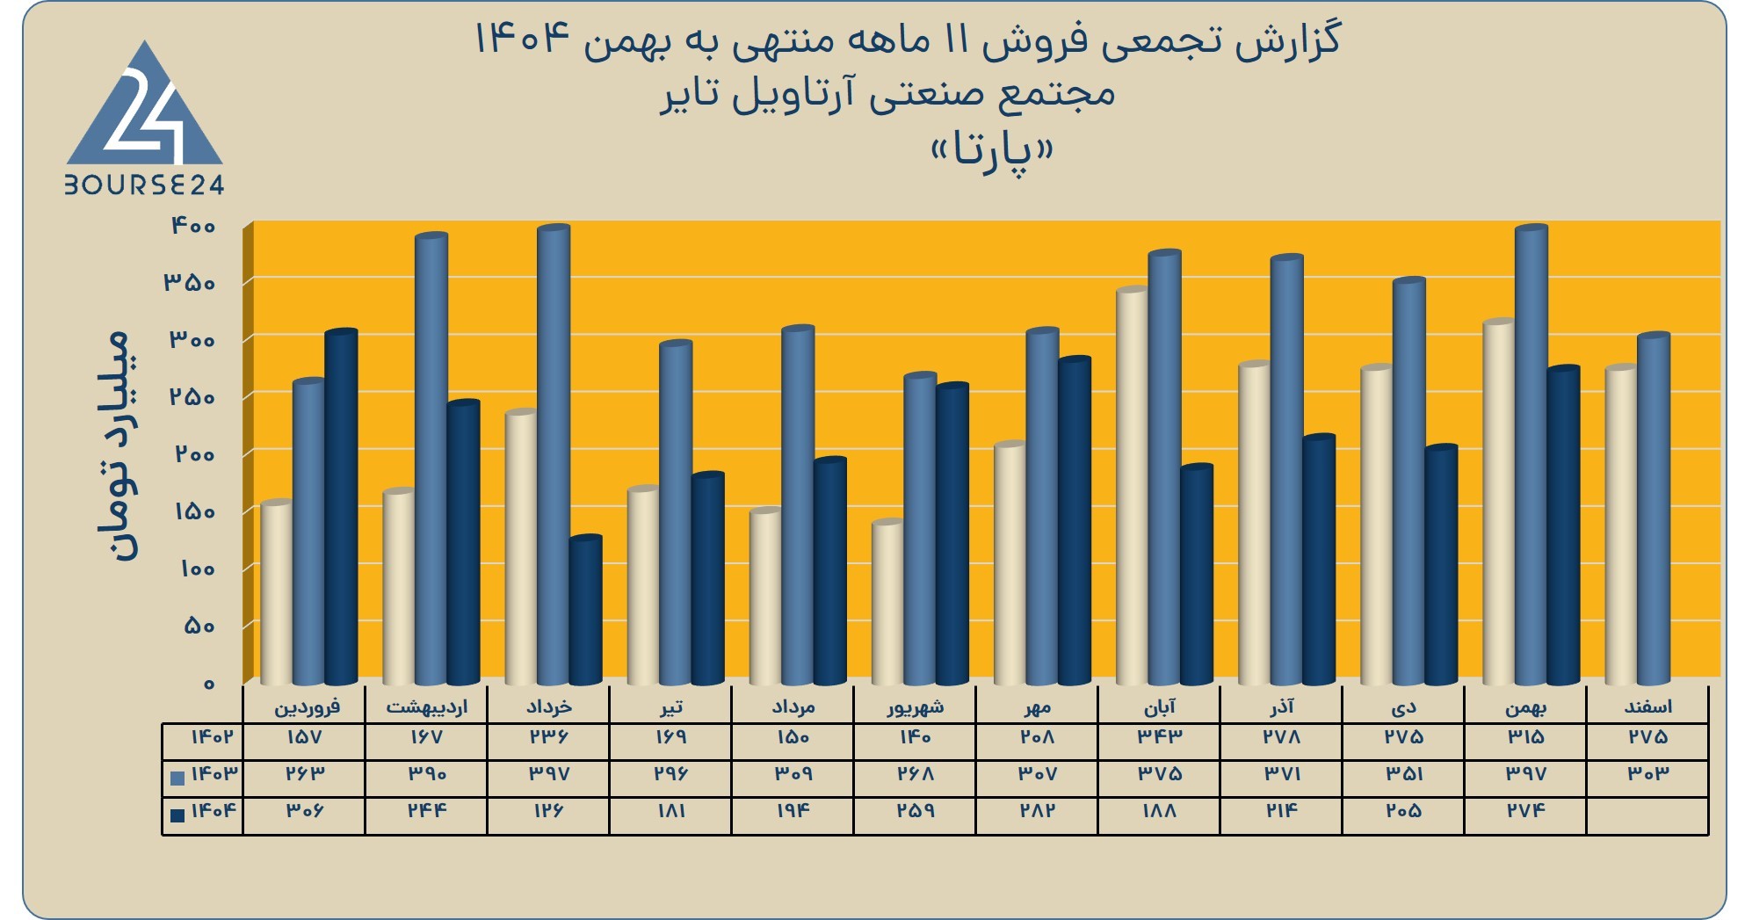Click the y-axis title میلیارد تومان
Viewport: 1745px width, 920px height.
coord(119,446)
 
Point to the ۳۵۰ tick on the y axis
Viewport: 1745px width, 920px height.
coord(189,283)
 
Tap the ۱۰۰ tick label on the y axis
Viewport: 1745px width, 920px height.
coord(197,569)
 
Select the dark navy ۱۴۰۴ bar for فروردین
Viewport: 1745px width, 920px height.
coord(341,507)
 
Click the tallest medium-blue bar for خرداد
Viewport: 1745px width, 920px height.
coord(554,455)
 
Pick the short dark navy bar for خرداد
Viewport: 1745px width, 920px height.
coord(585,610)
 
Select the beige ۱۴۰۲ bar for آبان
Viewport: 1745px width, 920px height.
coord(1133,485)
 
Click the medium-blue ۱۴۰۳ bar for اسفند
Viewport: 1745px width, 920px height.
coord(1654,509)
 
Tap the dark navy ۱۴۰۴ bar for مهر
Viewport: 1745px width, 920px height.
coord(1075,520)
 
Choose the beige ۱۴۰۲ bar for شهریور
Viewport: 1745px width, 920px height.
coord(888,602)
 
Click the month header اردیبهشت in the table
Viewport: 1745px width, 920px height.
coord(427,706)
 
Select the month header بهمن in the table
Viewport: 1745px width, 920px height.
coord(1526,707)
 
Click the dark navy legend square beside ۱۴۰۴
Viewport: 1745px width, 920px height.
coord(177,815)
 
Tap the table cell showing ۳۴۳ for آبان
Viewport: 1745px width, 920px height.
coord(1160,737)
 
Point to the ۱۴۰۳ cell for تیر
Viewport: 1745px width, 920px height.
coord(670,774)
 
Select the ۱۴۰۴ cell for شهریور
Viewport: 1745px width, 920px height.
coord(915,811)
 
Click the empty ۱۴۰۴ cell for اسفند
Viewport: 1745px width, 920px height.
coord(1647,816)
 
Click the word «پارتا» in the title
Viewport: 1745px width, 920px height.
coord(992,153)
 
